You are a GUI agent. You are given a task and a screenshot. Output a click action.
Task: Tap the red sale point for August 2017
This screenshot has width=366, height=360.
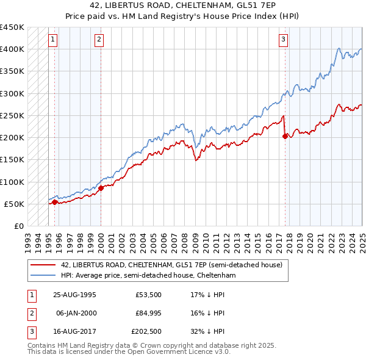(285, 137)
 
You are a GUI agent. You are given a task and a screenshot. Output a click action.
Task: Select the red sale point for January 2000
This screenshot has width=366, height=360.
(101, 188)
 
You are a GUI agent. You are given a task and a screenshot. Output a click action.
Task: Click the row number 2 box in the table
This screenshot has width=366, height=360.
(30, 314)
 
